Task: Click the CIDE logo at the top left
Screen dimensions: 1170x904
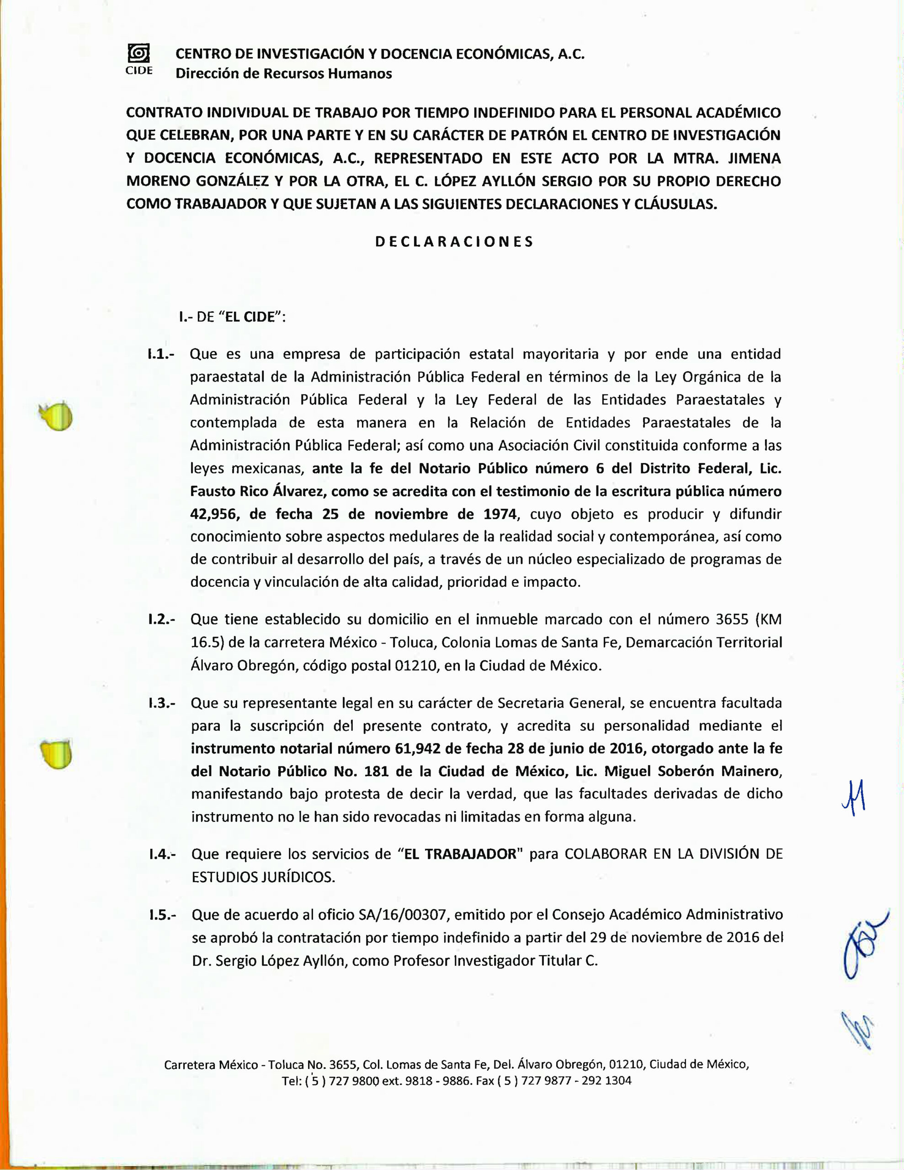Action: [x=139, y=59]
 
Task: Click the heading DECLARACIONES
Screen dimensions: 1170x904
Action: [x=454, y=242]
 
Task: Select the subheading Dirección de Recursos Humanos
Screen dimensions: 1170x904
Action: [x=283, y=74]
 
